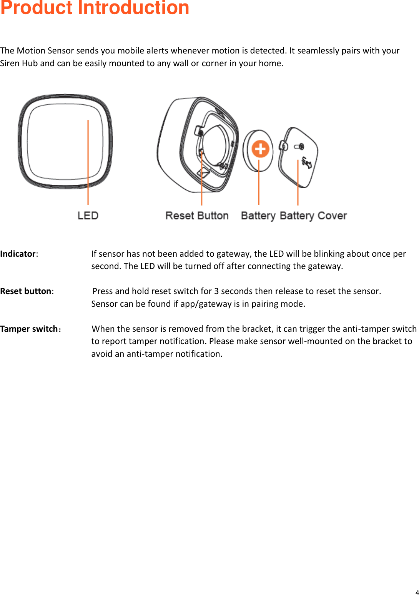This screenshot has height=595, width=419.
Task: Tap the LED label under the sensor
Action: point(88,216)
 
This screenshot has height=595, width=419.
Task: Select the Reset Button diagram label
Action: point(197,216)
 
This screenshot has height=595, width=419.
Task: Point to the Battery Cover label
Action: point(313,216)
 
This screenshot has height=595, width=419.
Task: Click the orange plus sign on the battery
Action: point(260,149)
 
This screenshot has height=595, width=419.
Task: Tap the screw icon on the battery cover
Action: point(299,147)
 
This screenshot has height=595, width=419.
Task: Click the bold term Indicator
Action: point(18,254)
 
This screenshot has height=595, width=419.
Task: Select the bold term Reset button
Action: point(26,291)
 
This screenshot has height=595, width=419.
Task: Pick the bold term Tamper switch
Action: point(29,329)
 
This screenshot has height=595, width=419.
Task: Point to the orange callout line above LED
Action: point(88,162)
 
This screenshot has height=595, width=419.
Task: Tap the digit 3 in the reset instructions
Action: point(216,291)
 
